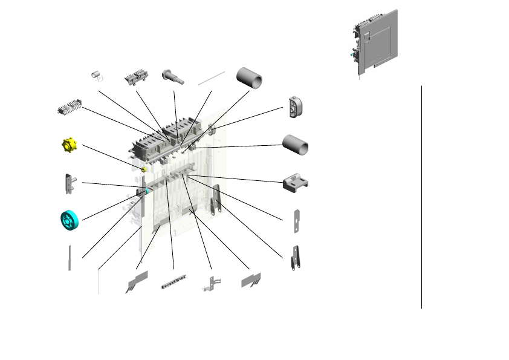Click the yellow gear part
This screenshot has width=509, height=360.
(71, 146)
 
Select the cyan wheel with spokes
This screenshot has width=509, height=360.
(70, 220)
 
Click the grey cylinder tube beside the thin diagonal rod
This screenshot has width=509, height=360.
(250, 79)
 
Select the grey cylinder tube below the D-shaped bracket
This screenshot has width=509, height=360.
(296, 145)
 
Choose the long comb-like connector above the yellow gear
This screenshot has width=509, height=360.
(70, 111)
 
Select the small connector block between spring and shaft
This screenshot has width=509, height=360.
(136, 78)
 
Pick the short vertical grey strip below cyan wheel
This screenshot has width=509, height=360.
(70, 258)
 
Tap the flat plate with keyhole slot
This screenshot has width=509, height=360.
(296, 220)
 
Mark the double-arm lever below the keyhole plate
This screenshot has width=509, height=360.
(296, 258)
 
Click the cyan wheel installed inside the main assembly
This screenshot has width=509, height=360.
(147, 191)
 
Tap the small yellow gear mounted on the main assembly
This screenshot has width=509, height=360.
(144, 169)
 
